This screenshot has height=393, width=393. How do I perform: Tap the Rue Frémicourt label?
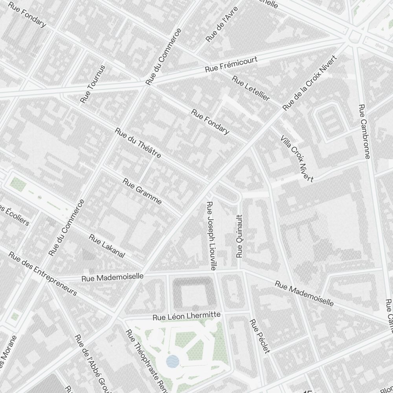click(231, 64)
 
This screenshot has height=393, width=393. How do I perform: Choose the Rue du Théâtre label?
click(138, 143)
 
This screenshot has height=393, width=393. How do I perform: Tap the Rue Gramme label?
click(142, 191)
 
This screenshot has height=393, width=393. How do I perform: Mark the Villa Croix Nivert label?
click(297, 158)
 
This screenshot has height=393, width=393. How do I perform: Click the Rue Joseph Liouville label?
click(211, 236)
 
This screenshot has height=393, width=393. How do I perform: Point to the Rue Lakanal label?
click(107, 246)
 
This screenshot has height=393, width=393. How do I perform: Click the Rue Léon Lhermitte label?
click(187, 316)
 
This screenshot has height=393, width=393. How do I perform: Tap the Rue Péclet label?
click(260, 336)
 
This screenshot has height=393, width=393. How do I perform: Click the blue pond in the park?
click(173, 361)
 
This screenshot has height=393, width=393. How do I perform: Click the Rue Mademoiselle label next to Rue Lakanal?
click(112, 277)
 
